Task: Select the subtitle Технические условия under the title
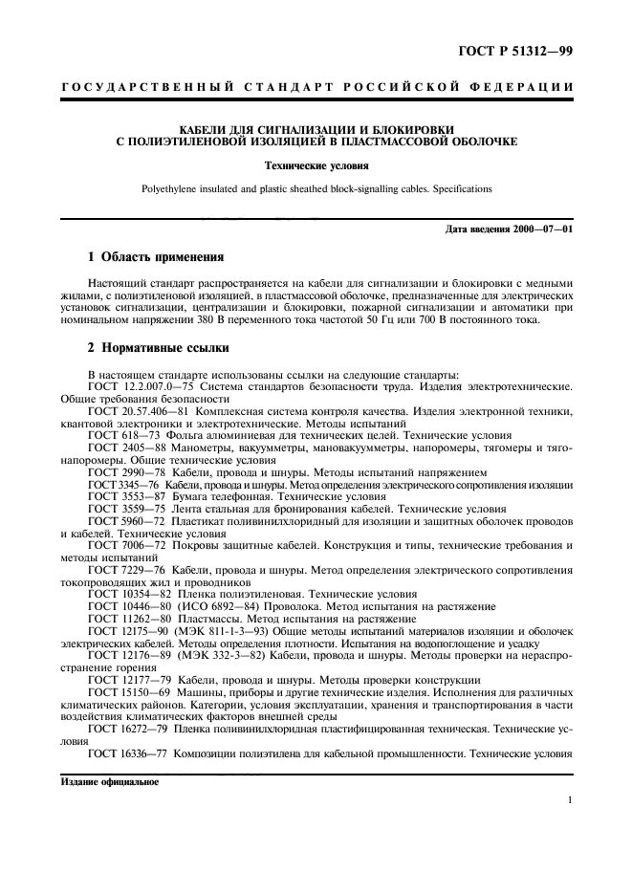pyautogui.click(x=316, y=165)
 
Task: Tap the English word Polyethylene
pyautogui.click(x=170, y=188)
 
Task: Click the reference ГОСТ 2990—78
pyautogui.click(x=121, y=472)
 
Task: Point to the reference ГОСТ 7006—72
pyautogui.click(x=121, y=544)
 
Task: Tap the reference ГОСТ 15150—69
pyautogui.click(x=125, y=690)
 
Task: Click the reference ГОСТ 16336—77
pyautogui.click(x=125, y=753)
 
